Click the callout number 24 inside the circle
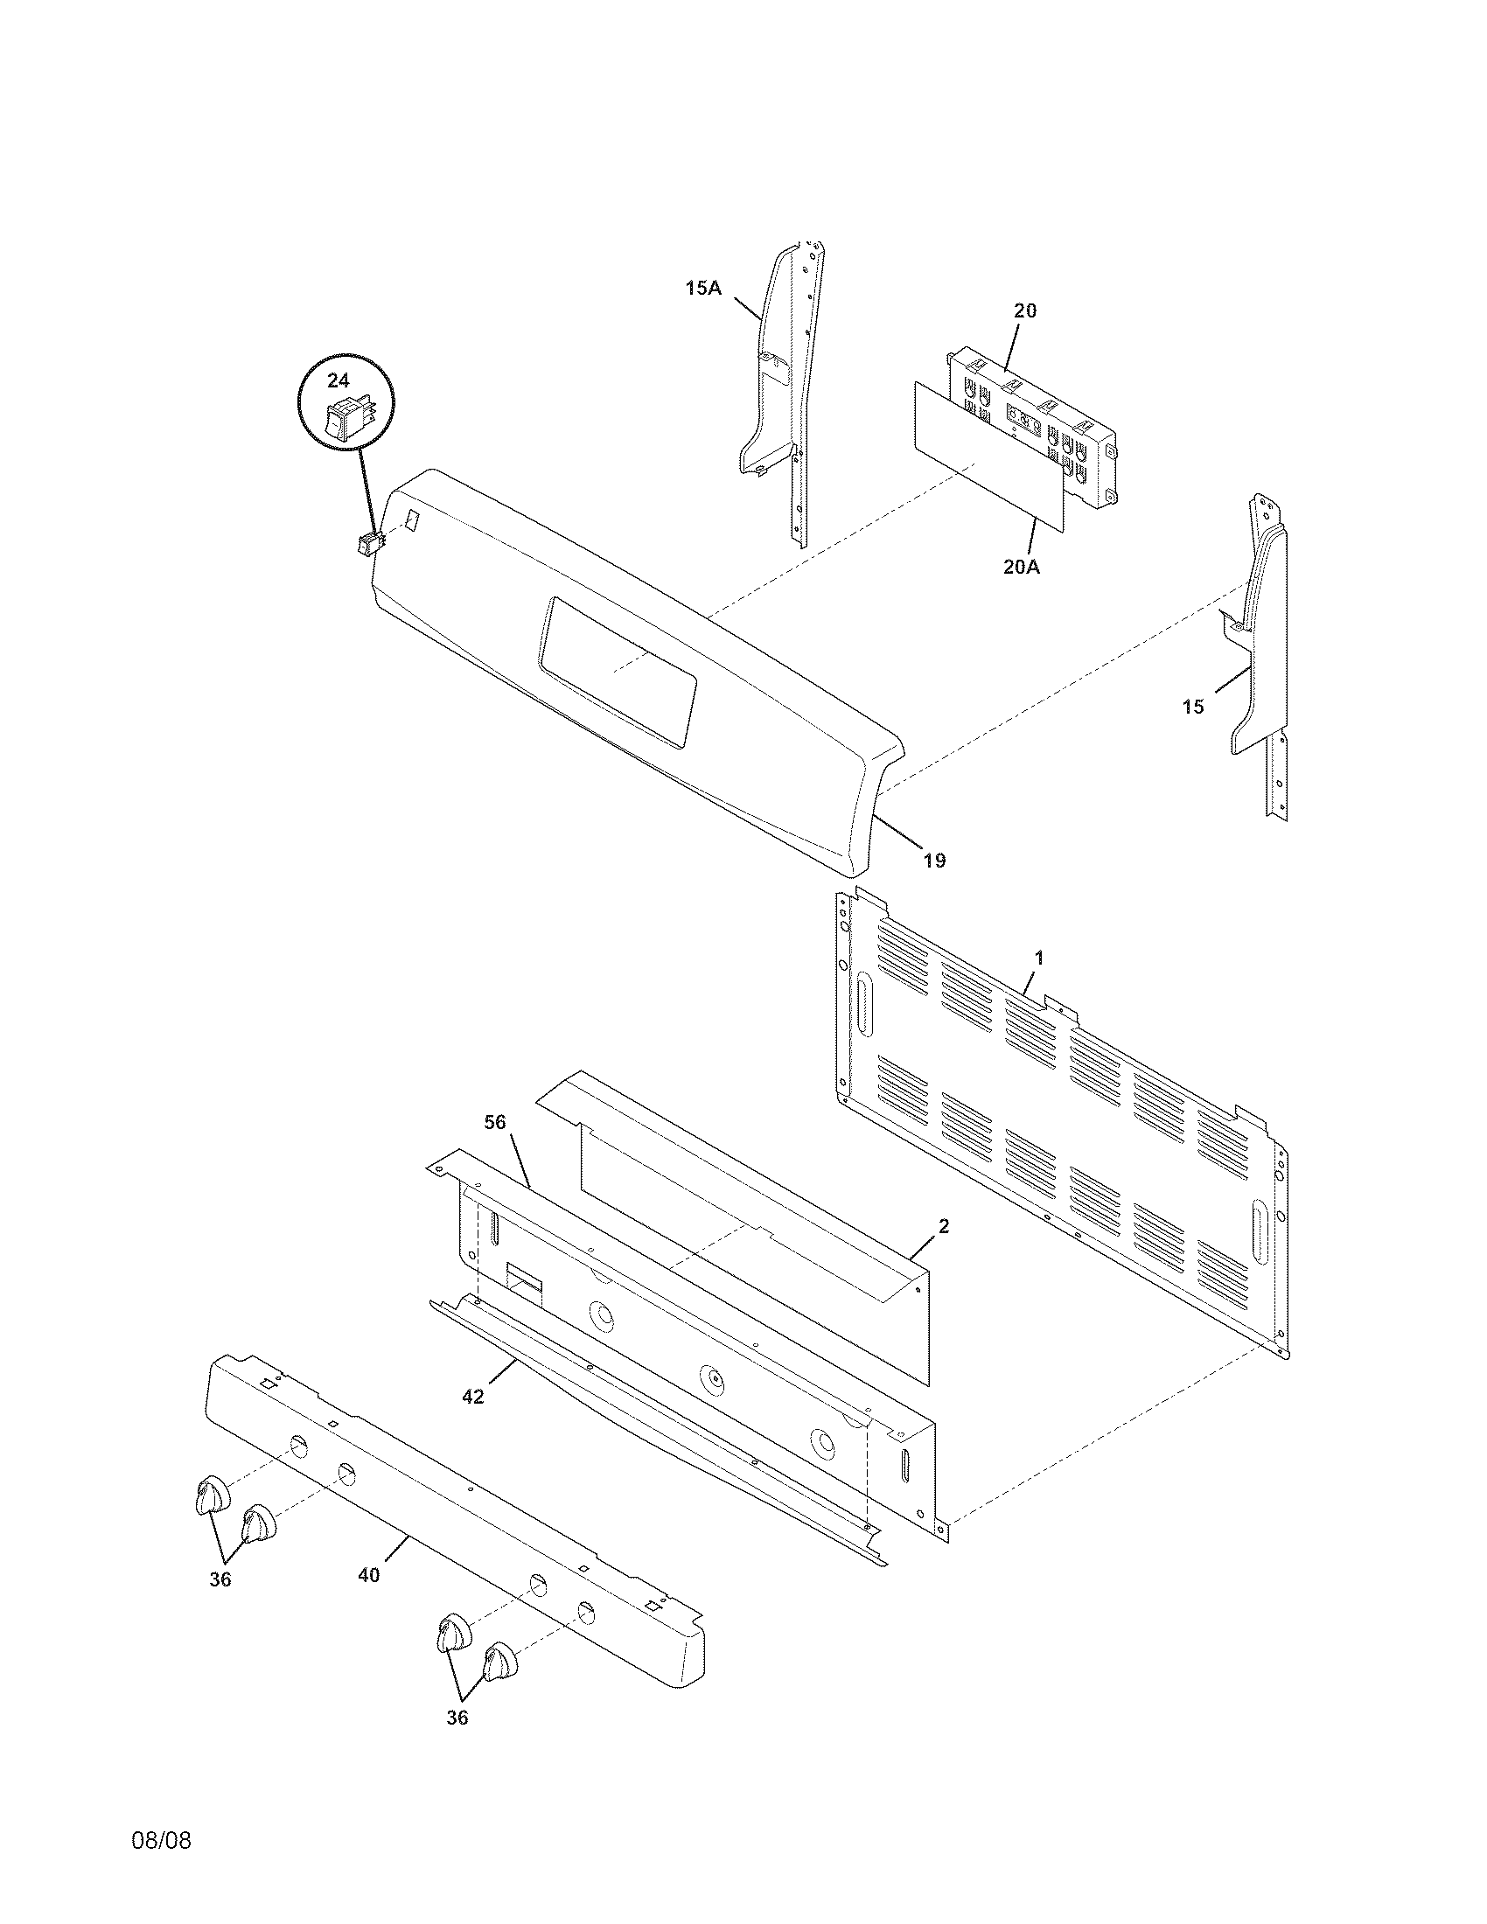pos(339,380)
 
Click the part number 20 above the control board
pos(1024,310)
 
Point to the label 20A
pos(1021,568)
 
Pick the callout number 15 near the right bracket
pos(1192,707)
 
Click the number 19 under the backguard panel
pos(935,860)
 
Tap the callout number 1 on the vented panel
pos(1039,957)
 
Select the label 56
pos(496,1121)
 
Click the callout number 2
pos(944,1226)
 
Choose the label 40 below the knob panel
pos(369,1575)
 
